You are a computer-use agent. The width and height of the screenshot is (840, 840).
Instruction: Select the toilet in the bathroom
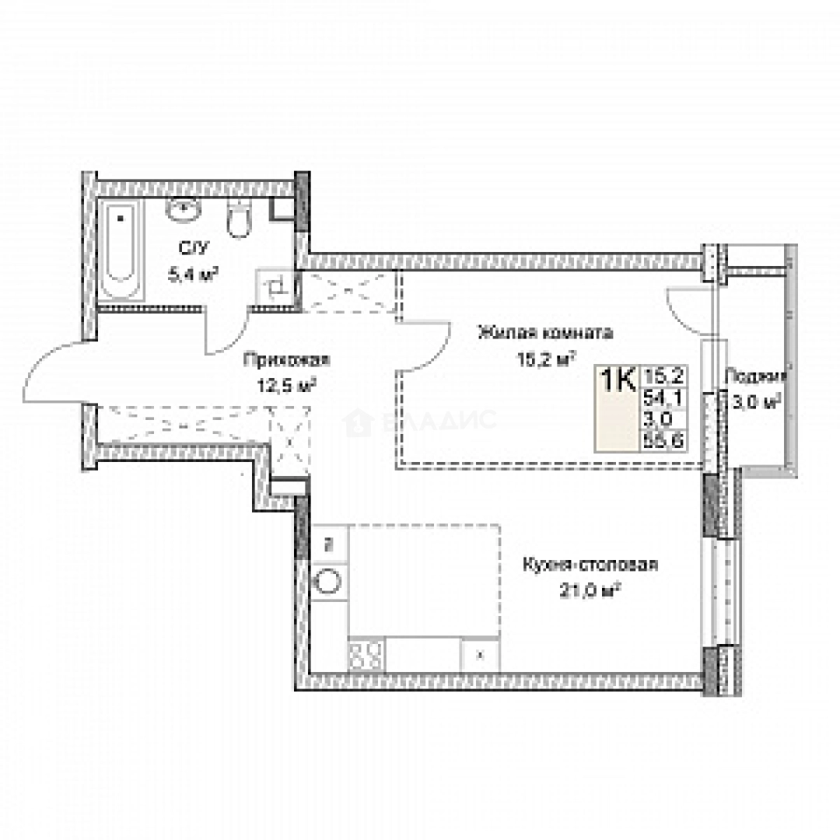coord(238,219)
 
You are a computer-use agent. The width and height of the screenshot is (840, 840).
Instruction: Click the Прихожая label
coord(286,360)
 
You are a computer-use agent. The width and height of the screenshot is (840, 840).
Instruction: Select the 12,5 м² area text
coord(286,383)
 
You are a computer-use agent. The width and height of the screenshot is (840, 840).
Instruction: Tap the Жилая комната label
coord(545,333)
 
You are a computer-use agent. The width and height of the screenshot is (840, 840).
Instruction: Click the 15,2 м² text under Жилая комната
coord(545,358)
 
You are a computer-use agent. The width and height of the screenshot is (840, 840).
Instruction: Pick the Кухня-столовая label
coord(590,565)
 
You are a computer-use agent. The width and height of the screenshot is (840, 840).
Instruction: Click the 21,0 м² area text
coord(590,590)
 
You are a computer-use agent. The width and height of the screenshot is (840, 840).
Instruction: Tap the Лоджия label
coord(754,376)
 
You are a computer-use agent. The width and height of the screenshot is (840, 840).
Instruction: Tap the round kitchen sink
coord(328,583)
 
